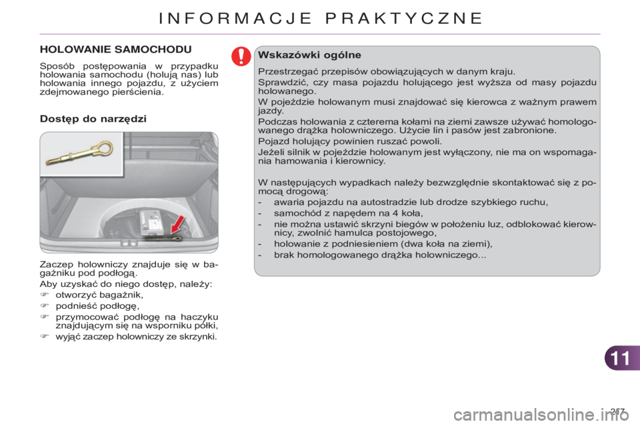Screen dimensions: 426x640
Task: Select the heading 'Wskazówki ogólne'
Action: pos(309,55)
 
